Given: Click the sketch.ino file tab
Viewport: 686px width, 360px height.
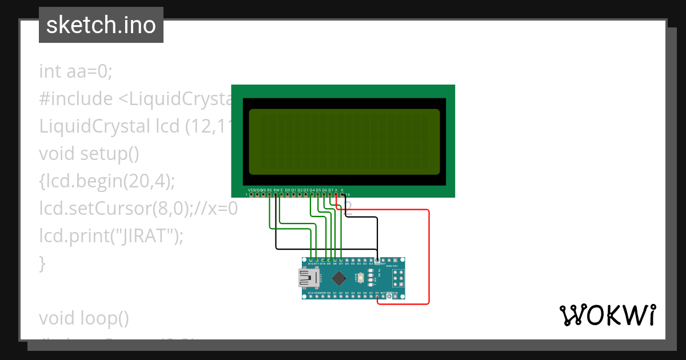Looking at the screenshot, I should [101, 25].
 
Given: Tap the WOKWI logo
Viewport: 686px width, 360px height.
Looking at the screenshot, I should [607, 315].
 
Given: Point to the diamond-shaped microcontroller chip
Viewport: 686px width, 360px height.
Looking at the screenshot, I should [338, 278].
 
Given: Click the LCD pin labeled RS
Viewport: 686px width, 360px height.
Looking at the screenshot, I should [269, 195].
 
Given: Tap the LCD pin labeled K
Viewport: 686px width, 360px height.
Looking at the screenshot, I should [342, 195].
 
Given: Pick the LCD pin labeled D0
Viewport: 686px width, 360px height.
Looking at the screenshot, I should [288, 195].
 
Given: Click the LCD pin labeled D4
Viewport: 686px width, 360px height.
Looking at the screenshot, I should [312, 195].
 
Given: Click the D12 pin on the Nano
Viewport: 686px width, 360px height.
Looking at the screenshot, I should [310, 260].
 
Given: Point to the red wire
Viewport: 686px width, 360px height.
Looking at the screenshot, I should [428, 257].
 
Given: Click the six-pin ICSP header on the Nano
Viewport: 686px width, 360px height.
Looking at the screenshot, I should [398, 278].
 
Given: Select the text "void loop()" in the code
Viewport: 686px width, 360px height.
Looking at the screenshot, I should [84, 318].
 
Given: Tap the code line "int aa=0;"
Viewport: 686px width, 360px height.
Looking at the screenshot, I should [76, 71].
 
